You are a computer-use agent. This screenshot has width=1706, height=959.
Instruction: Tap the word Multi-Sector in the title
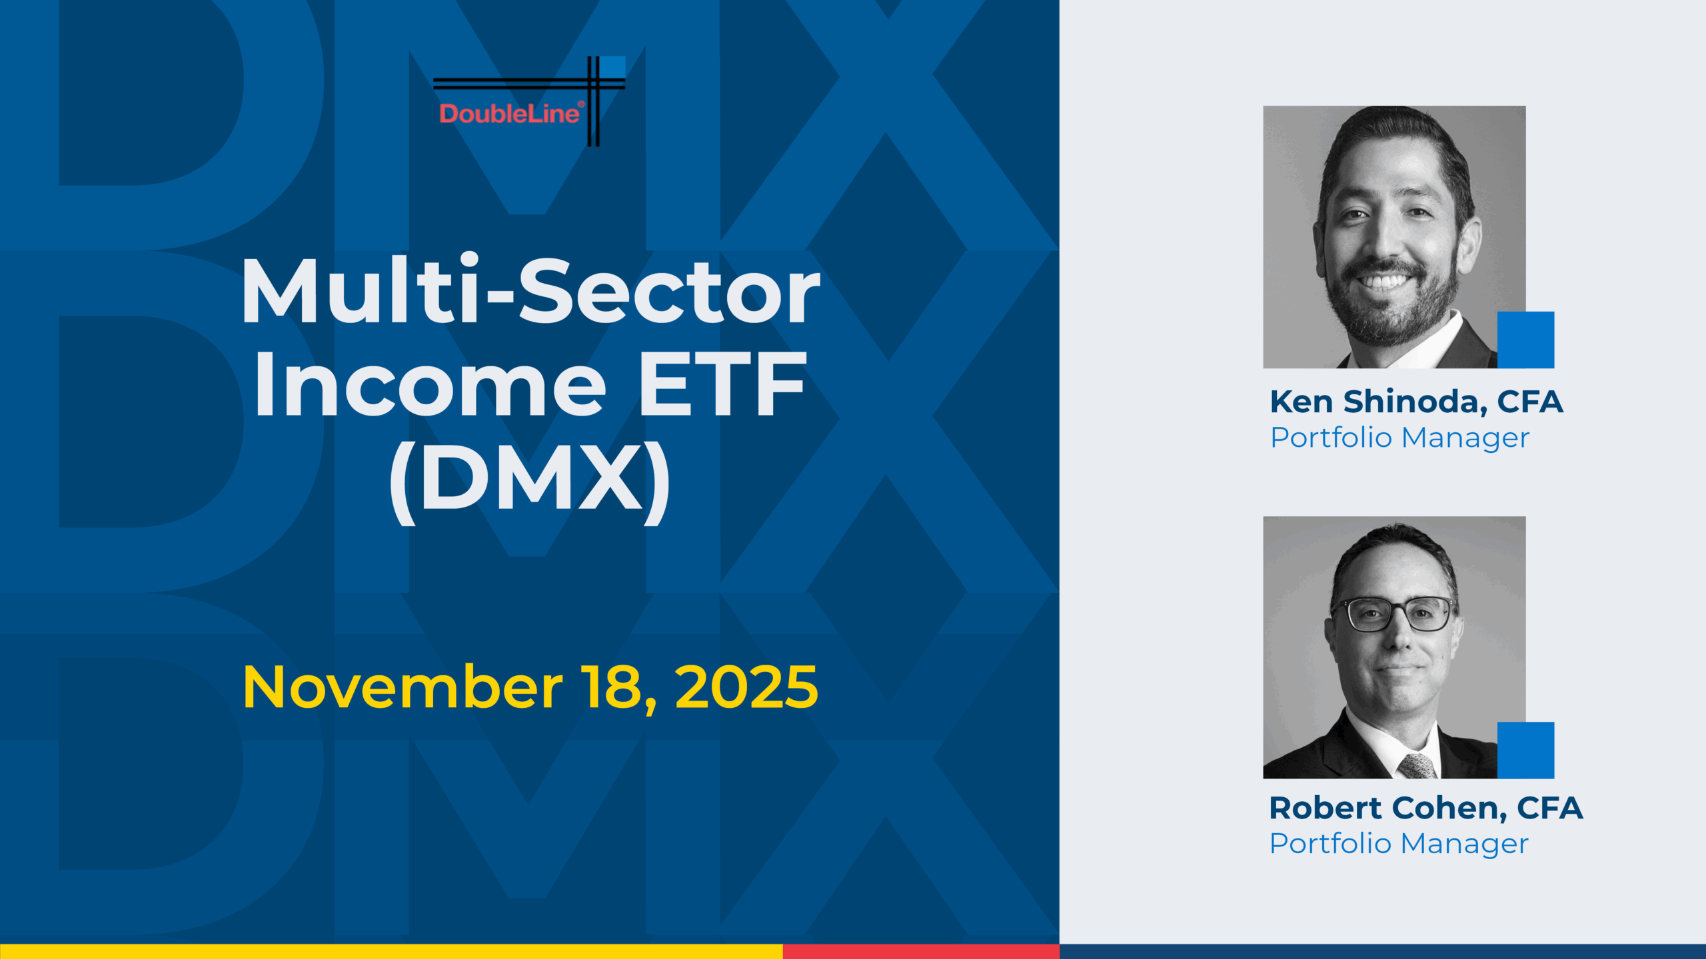click(x=531, y=291)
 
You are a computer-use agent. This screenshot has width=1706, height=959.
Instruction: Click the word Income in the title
click(x=430, y=384)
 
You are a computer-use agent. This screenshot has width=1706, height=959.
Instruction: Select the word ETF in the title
click(x=722, y=384)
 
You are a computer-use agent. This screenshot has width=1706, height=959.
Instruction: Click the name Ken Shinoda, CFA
click(x=1416, y=402)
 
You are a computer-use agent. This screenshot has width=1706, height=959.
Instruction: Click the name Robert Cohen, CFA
click(x=1426, y=808)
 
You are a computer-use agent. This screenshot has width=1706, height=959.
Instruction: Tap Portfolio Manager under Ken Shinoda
click(x=1399, y=438)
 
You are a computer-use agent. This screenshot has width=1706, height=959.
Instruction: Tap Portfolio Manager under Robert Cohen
click(x=1399, y=843)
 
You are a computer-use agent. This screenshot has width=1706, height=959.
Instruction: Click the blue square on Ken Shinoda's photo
click(x=1525, y=340)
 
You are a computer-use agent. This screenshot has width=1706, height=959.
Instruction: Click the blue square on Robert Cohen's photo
click(x=1525, y=750)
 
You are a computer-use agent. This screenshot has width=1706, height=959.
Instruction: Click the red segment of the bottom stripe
click(x=921, y=952)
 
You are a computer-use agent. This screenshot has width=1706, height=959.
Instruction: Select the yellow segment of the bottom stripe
click(x=391, y=952)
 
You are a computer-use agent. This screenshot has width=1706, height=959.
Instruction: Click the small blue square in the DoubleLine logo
click(x=613, y=67)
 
